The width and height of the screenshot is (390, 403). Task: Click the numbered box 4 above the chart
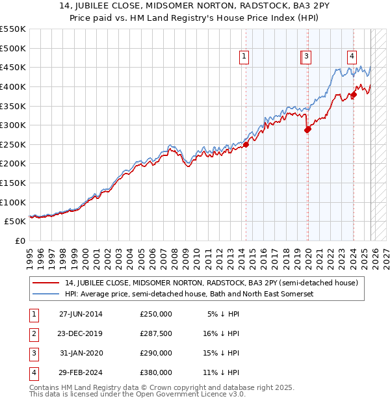click(x=352, y=57)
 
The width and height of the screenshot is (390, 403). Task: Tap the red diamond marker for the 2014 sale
click(x=246, y=145)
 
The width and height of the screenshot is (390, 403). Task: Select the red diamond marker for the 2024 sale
click(x=354, y=95)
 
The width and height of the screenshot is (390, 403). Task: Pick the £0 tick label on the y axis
click(x=19, y=240)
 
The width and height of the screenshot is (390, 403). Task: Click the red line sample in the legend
click(x=47, y=283)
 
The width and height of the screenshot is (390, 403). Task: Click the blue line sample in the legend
click(x=47, y=294)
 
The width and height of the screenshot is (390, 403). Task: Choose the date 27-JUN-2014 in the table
click(x=81, y=314)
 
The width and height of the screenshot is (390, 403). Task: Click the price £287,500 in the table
click(x=156, y=333)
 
